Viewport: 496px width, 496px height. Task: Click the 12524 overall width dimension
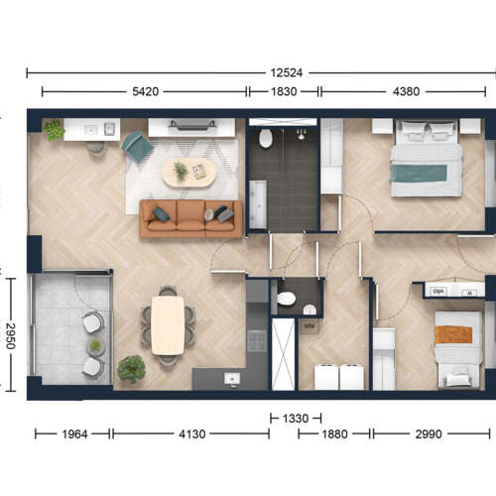pyautogui.click(x=287, y=72)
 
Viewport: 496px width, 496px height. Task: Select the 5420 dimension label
pyautogui.click(x=146, y=91)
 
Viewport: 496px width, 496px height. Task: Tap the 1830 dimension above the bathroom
pyautogui.click(x=284, y=91)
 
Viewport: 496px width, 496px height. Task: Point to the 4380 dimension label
pyautogui.click(x=406, y=91)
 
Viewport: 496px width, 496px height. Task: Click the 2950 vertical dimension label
pyautogui.click(x=11, y=335)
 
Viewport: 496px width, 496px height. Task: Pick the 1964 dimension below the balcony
pyautogui.click(x=74, y=434)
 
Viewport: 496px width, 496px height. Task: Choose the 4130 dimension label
pyautogui.click(x=191, y=434)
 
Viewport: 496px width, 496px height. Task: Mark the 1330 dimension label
pyautogui.click(x=296, y=419)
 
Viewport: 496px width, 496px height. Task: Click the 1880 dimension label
pyautogui.click(x=334, y=434)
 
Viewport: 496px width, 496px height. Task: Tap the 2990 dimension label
pyautogui.click(x=429, y=434)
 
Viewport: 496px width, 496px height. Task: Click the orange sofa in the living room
pyautogui.click(x=191, y=218)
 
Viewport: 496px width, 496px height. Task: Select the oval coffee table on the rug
pyautogui.click(x=188, y=173)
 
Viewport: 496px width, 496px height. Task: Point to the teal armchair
pyautogui.click(x=138, y=146)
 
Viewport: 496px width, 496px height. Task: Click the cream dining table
pyautogui.click(x=168, y=325)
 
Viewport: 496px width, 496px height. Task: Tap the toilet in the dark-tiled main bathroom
pyautogui.click(x=266, y=139)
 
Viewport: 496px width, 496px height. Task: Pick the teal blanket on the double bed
pyautogui.click(x=419, y=174)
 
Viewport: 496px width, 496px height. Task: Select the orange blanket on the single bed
pyautogui.click(x=453, y=334)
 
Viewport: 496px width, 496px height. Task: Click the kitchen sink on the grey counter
pyautogui.click(x=232, y=378)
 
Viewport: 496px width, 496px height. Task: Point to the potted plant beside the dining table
pyautogui.click(x=131, y=369)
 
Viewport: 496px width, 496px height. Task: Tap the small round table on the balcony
pyautogui.click(x=95, y=346)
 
